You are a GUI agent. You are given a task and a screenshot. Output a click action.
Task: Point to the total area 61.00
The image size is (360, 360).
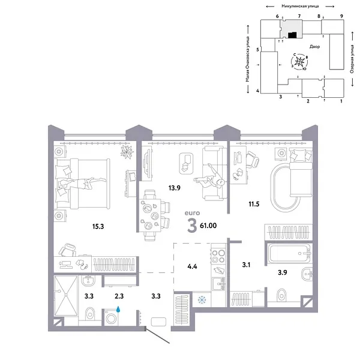click(x=209, y=226)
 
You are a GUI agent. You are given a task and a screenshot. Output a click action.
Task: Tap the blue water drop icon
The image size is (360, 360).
click(x=119, y=310)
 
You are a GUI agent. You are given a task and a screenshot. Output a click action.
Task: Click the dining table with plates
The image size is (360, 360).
click(x=153, y=214)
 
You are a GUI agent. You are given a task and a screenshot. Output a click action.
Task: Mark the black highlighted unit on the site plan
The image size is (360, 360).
click(x=292, y=35)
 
